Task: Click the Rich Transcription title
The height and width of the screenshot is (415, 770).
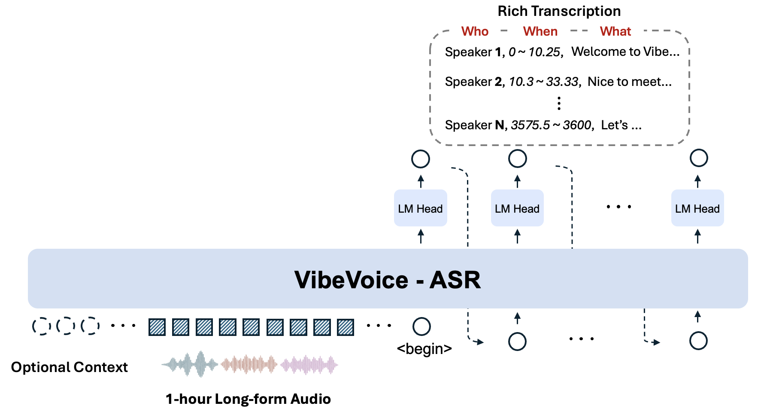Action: pos(559,11)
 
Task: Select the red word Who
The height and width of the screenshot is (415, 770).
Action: pos(475,31)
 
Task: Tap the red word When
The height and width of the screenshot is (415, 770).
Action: pos(540,31)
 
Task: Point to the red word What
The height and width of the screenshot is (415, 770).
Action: pos(615,31)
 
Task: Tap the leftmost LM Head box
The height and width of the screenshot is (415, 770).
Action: pos(420,208)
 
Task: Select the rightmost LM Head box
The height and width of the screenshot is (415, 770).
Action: pos(697,208)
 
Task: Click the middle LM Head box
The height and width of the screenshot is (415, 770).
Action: pos(517,208)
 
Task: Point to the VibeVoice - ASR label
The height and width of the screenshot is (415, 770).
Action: pos(387,280)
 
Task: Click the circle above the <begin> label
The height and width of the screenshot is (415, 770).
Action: pos(421,327)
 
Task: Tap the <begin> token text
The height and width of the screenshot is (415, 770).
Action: pos(424,348)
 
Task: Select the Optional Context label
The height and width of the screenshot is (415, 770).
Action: pos(69,367)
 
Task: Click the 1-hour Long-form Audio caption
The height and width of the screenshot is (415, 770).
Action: pos(248,399)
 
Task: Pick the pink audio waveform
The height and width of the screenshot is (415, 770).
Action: pos(309,365)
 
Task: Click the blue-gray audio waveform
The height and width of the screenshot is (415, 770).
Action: pos(190,365)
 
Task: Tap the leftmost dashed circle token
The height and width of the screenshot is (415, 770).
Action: pos(42,326)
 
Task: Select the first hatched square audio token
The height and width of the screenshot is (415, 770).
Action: pos(157,327)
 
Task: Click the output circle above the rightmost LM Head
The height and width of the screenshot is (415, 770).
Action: pos(698,158)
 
